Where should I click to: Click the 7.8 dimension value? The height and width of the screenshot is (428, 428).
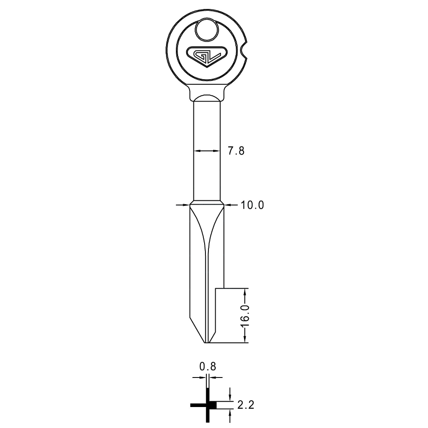pyautogui.click(x=236, y=151)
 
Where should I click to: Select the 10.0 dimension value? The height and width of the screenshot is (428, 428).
pyautogui.click(x=252, y=205)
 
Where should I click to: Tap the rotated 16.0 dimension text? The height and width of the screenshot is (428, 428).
pyautogui.click(x=245, y=316)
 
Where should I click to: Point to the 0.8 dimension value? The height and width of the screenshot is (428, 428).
pyautogui.click(x=208, y=367)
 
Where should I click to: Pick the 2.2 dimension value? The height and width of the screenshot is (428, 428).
pyautogui.click(x=246, y=405)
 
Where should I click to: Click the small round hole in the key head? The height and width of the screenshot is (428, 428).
pyautogui.click(x=207, y=30)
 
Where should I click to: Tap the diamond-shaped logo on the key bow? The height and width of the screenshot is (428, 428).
pyautogui.click(x=207, y=56)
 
